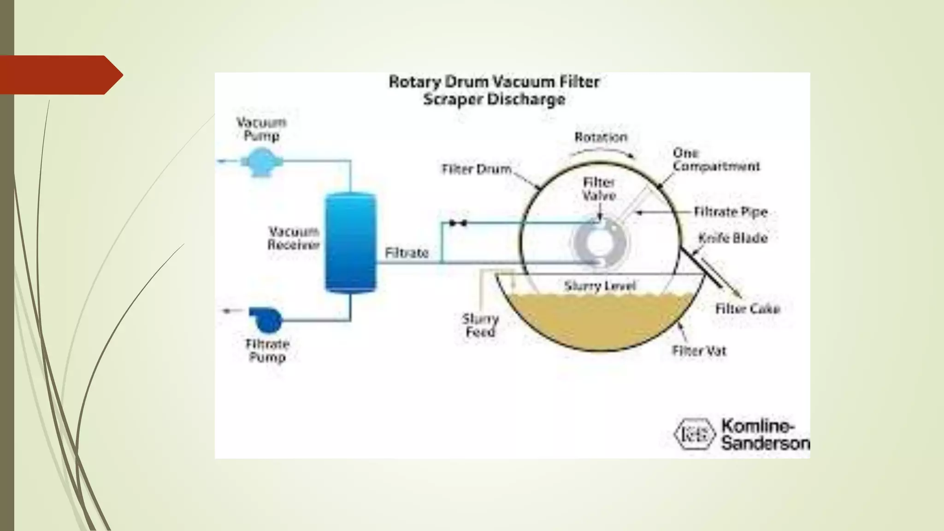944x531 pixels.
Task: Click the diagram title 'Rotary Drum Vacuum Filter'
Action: (494, 82)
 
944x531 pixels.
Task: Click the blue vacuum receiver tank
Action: (350, 242)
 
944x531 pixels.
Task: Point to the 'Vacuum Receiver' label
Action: (294, 238)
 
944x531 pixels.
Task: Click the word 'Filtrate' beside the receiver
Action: (407, 253)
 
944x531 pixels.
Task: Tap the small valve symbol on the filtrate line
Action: (458, 224)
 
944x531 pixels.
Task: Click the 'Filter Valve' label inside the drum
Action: (599, 189)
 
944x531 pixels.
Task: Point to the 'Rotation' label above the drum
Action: (601, 137)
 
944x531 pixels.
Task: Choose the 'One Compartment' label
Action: (715, 159)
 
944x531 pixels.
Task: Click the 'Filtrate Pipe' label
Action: (731, 212)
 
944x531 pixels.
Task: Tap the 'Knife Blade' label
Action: (733, 238)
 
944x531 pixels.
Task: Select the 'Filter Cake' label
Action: (747, 308)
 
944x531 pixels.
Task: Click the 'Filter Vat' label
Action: (699, 351)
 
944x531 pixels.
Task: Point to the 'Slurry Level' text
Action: (600, 286)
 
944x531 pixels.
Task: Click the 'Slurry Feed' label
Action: (480, 325)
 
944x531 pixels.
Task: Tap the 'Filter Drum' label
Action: (477, 169)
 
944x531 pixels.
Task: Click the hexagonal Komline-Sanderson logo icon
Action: (694, 434)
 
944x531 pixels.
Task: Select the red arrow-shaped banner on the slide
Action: (60, 75)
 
